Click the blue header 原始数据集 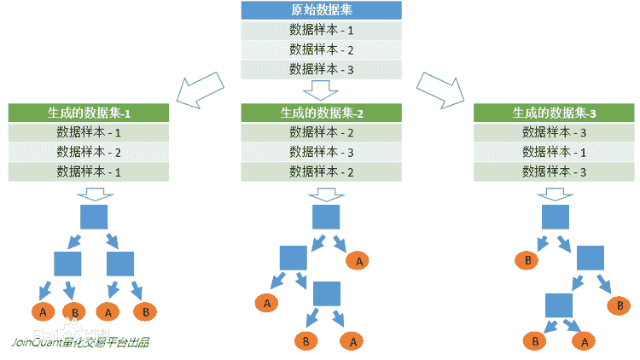click(x=320, y=11)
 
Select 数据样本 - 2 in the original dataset click(x=320, y=49)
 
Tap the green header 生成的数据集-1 click(x=89, y=113)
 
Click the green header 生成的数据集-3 click(x=554, y=113)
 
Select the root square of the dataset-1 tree click(x=94, y=216)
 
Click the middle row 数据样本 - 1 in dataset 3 click(x=554, y=152)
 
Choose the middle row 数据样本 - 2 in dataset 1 click(x=89, y=152)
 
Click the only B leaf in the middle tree click(x=302, y=340)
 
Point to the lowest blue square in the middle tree click(x=327, y=294)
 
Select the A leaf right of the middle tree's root click(x=358, y=261)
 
